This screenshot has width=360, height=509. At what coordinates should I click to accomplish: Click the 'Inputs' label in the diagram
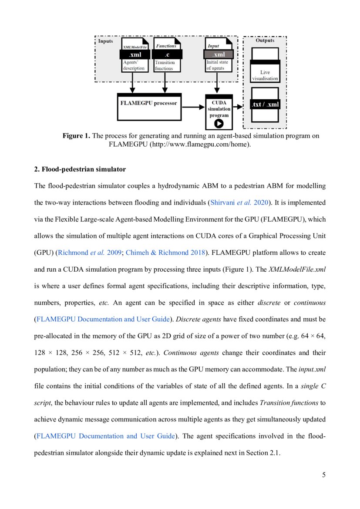pos(105,41)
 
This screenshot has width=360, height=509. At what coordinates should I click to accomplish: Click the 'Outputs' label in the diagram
pos(265,40)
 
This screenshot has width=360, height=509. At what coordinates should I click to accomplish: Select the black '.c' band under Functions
pos(167,55)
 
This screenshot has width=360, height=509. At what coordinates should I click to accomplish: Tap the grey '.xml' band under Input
pos(219,54)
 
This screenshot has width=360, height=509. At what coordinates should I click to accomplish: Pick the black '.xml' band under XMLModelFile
pos(135,55)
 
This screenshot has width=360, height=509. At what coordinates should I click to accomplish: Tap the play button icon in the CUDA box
pos(219,123)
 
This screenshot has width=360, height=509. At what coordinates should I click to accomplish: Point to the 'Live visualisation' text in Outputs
pos(265,75)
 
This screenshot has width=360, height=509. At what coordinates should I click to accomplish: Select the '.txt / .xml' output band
pos(265,105)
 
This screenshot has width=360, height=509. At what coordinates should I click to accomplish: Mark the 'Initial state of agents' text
pos(217,65)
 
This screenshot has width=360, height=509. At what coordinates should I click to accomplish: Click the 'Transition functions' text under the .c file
pos(165,65)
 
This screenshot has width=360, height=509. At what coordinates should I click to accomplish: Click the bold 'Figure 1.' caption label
pos(76,136)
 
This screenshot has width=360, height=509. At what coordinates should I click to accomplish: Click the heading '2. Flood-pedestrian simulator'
pos(80,169)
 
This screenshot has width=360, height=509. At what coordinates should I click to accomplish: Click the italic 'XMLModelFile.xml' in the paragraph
pos(297,269)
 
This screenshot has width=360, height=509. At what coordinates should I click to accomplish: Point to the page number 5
pos(323,475)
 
